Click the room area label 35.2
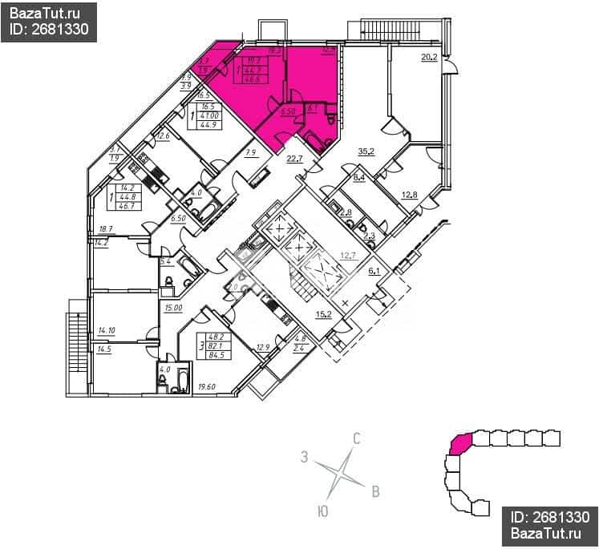point(367,150)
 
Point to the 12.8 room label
point(410,193)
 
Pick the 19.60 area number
point(207,386)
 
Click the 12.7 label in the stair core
point(348,256)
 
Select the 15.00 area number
point(173,307)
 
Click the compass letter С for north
point(358,438)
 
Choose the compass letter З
point(304,457)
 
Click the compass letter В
point(374,491)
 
